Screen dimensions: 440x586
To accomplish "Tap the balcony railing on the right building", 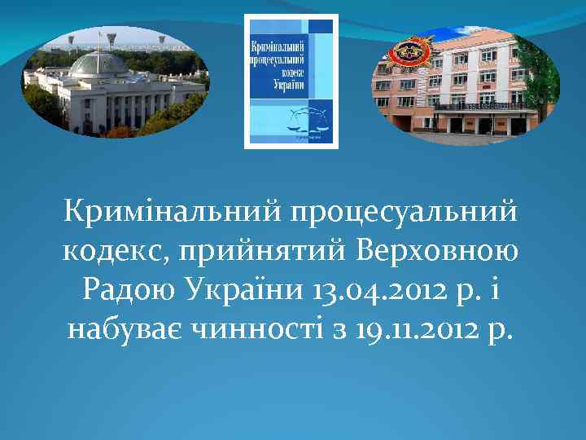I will tap(480, 106).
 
